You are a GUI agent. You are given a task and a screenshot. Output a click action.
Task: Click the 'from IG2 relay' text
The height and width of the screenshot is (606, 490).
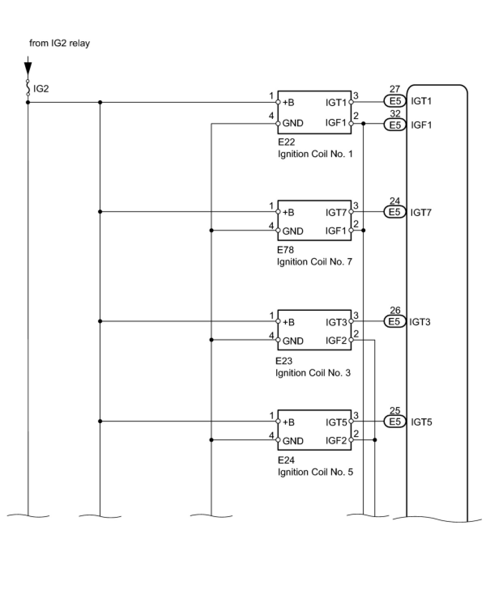[x=60, y=43]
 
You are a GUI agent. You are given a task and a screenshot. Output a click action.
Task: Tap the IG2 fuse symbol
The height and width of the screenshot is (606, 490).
[x=28, y=88]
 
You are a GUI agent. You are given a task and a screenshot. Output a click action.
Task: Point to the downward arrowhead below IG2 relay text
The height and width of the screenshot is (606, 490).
[x=28, y=69]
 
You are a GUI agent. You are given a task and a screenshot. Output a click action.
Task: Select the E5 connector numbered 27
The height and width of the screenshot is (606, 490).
[x=394, y=101]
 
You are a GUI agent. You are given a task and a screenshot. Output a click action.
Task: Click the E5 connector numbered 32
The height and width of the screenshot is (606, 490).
[x=394, y=125]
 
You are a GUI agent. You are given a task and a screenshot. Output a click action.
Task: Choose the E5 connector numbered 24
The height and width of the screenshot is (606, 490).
[x=394, y=212]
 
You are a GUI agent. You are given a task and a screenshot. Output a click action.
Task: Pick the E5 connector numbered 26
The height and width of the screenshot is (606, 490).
[x=394, y=322]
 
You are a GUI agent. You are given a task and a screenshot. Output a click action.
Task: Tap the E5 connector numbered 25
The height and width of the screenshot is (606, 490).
[x=394, y=422]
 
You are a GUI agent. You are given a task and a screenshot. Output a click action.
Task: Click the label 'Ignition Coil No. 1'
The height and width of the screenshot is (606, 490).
[x=315, y=154]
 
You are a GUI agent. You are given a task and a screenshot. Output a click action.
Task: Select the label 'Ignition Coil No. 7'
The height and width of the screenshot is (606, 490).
[x=314, y=262]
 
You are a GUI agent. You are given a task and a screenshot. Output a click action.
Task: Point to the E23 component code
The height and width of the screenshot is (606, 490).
[x=284, y=361]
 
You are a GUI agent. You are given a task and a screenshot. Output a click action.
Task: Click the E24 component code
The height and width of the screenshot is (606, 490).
[x=286, y=460]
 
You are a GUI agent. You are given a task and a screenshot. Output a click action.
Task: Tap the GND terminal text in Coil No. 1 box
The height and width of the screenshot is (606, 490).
[x=293, y=123]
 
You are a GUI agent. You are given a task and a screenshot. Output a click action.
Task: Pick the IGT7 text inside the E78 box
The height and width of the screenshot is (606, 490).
[x=336, y=212]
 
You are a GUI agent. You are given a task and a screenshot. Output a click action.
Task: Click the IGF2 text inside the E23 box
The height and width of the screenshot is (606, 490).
[x=336, y=341]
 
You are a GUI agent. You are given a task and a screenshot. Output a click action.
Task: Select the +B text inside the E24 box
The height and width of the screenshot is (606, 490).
[x=288, y=422]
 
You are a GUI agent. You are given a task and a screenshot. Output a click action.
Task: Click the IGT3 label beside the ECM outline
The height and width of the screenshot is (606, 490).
[x=420, y=322]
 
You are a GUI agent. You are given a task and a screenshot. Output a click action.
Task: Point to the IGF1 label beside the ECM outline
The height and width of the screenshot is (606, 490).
[x=421, y=125]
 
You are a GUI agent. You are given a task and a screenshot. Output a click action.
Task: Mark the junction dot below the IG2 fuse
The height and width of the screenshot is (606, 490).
[x=28, y=102]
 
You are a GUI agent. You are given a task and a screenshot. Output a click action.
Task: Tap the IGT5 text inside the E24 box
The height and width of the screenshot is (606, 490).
[x=336, y=422]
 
